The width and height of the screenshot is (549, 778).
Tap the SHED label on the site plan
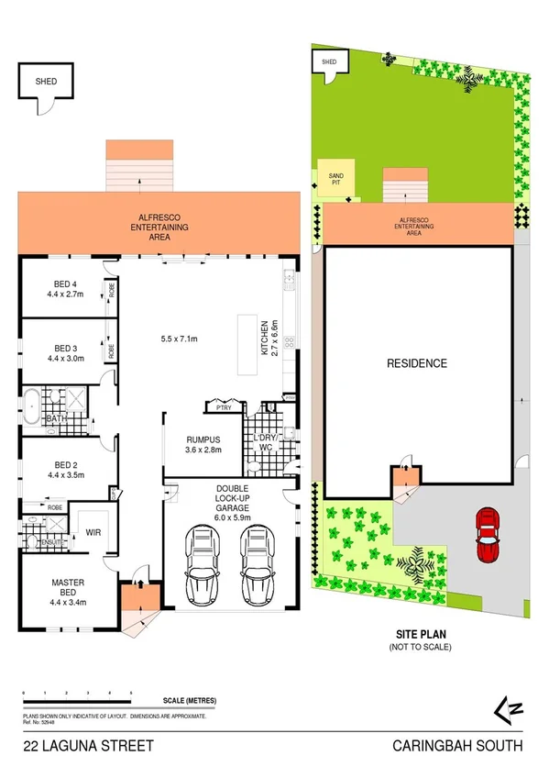[x=328, y=61]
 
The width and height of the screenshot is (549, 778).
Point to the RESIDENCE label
[x=416, y=363]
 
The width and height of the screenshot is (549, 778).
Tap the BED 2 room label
[x=65, y=469]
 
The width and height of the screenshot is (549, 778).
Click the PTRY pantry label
[x=223, y=405]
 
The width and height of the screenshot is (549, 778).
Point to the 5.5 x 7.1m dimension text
[x=180, y=339]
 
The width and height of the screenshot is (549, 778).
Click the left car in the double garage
[x=199, y=561]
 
